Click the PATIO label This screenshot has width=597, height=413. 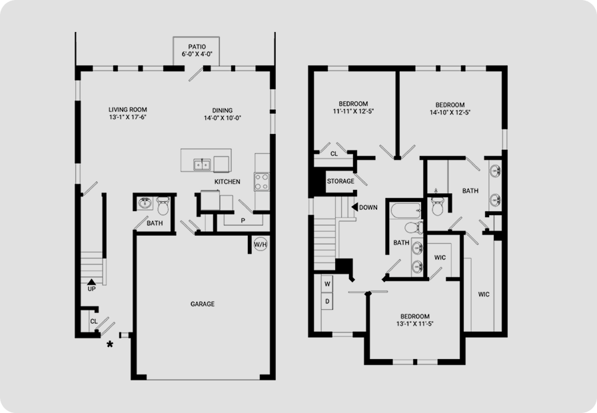[197, 47]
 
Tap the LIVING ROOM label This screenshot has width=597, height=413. [127, 110]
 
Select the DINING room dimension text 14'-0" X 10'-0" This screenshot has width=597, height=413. [223, 118]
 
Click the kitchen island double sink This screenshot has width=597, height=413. [202, 165]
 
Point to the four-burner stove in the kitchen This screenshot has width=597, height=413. [262, 182]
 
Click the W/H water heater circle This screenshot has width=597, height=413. [261, 244]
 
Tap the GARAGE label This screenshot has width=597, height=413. [203, 304]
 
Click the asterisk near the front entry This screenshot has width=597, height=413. [110, 344]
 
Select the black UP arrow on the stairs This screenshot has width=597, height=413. [91, 282]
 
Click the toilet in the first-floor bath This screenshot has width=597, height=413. [163, 206]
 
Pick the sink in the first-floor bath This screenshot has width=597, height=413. [145, 203]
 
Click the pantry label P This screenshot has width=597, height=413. [243, 220]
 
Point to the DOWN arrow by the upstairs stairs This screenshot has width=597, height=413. [354, 207]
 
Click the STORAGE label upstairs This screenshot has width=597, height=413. [340, 181]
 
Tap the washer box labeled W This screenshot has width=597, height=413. [327, 284]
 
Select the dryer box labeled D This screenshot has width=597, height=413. [327, 302]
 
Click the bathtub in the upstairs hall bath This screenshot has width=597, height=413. [406, 211]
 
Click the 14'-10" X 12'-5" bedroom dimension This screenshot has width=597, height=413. [450, 113]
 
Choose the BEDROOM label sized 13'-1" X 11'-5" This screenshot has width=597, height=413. [415, 316]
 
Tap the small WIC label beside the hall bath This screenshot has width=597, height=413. [440, 258]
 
